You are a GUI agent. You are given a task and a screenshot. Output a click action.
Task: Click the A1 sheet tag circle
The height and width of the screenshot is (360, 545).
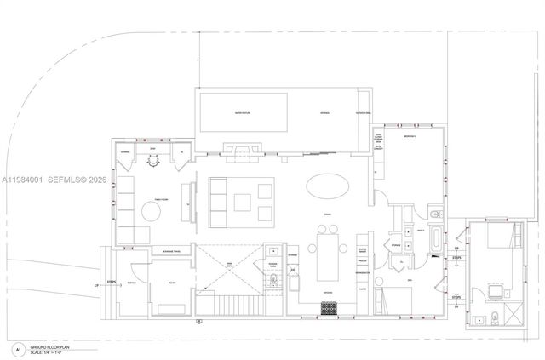[x=16, y=349]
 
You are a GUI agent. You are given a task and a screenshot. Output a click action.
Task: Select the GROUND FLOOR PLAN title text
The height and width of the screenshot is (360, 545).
[x=50, y=347]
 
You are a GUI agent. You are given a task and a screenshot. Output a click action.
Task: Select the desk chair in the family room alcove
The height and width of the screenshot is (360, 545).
[x=153, y=165]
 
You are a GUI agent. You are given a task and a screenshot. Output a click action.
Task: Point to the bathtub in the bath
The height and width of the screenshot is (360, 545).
[x=435, y=240]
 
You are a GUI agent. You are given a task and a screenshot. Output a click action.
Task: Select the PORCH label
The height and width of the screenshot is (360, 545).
[x=132, y=283]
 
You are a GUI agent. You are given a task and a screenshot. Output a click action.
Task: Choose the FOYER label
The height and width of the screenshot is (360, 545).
[x=172, y=283]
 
